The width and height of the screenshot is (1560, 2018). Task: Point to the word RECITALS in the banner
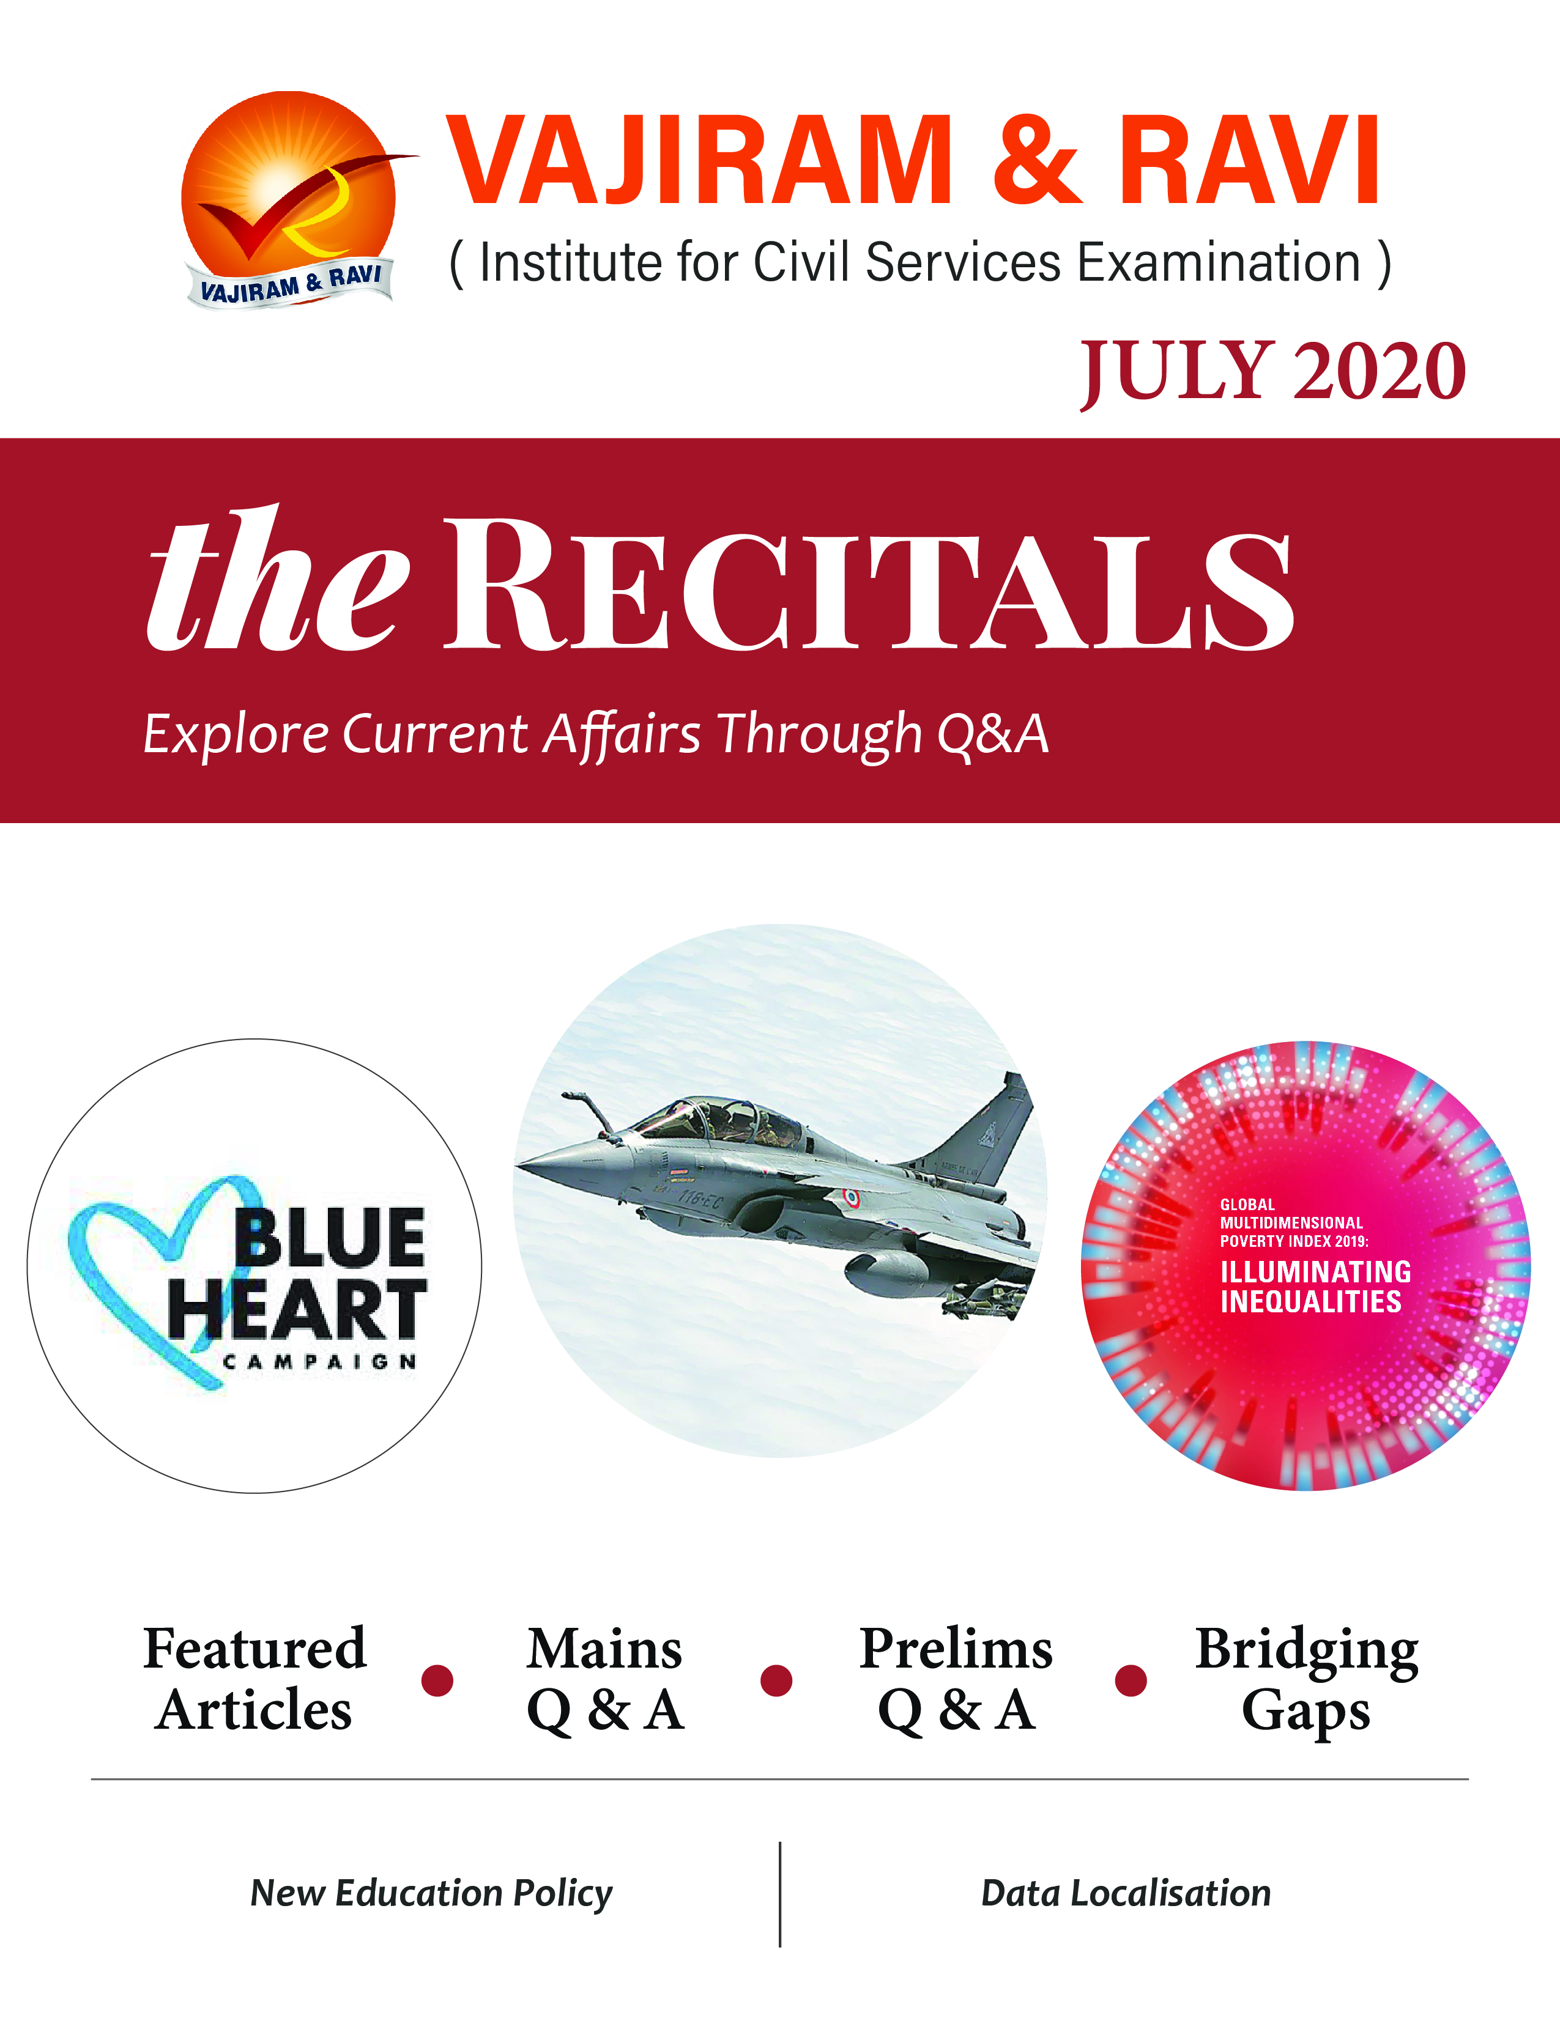(x=869, y=584)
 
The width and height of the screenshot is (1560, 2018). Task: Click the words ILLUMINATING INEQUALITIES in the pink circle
(x=1315, y=1286)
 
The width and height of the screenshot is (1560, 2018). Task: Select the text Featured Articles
(x=255, y=1679)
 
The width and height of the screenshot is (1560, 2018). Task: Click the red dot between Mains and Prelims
(x=776, y=1680)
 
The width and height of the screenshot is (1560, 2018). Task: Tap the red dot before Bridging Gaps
(x=1131, y=1680)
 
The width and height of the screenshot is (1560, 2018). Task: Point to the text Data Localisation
(x=1126, y=1893)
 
